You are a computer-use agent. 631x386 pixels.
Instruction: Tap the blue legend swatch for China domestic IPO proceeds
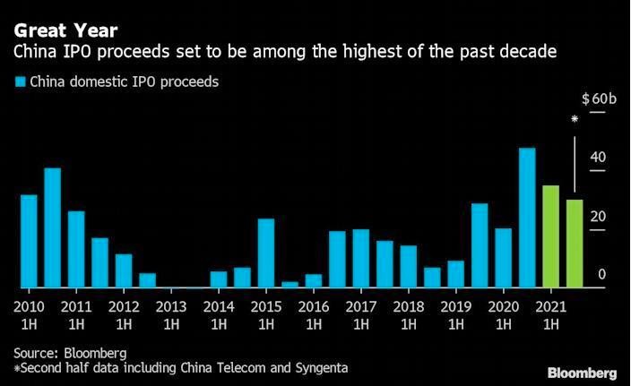click(20, 82)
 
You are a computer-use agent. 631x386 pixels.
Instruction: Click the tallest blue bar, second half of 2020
click(527, 218)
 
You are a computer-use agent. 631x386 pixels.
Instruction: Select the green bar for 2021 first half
click(551, 236)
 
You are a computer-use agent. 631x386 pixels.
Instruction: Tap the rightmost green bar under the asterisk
click(575, 244)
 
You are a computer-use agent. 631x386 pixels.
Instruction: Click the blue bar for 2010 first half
click(29, 241)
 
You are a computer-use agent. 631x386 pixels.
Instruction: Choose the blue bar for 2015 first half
click(266, 253)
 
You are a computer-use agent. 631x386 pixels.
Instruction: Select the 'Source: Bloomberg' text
click(70, 352)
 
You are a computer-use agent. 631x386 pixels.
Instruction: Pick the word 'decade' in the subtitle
click(532, 53)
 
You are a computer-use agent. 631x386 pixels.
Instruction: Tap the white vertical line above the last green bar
click(575, 162)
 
